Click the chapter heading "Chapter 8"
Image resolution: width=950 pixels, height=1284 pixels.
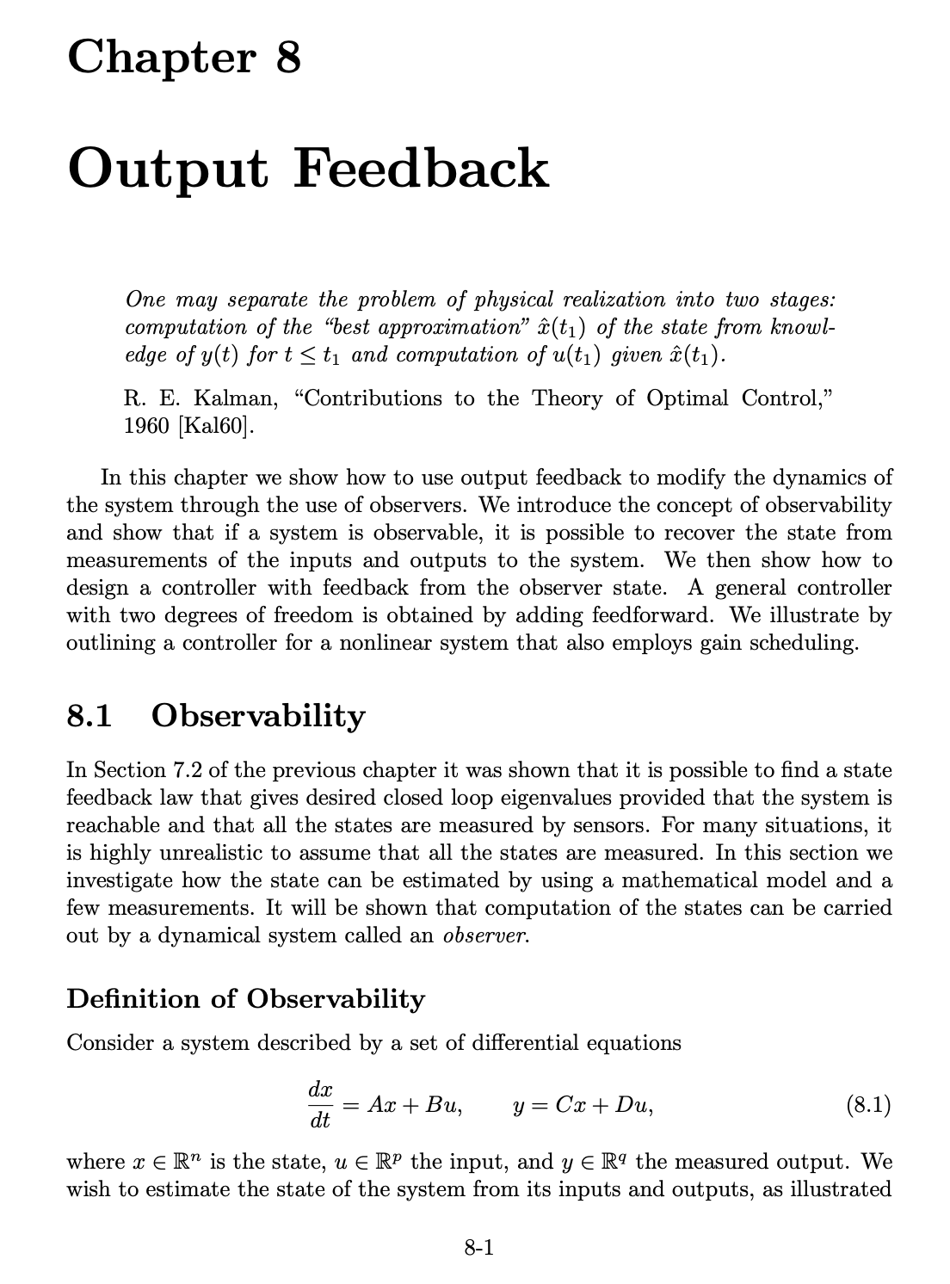pos(184,59)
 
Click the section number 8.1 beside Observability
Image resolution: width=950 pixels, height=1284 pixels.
pos(89,716)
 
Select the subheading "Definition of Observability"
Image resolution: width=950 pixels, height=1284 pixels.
pos(245,999)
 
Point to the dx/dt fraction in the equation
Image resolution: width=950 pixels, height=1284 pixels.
pos(320,1105)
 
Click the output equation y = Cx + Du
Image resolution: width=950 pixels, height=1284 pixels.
pos(583,1105)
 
